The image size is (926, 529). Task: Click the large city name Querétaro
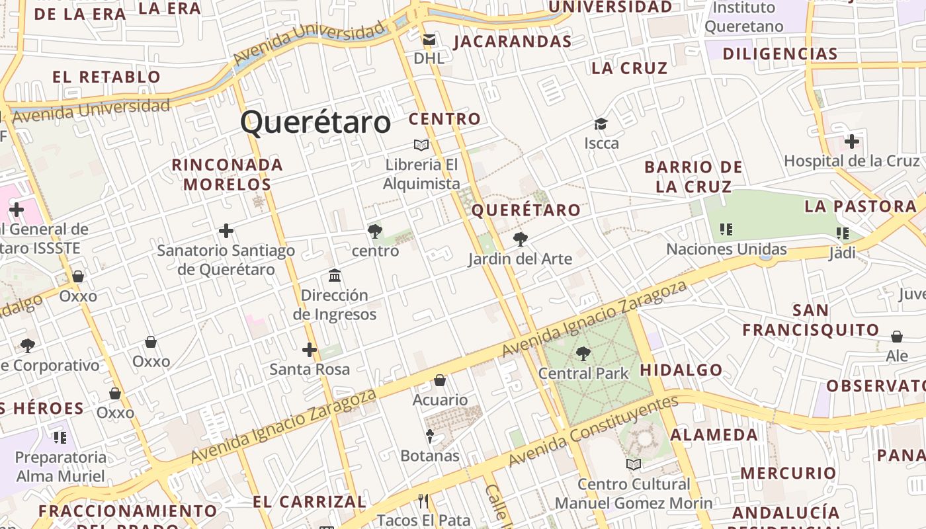click(316, 123)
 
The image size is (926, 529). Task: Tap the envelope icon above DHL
click(429, 40)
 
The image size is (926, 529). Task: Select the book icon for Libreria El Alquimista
click(421, 145)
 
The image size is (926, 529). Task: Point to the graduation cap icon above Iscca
click(601, 124)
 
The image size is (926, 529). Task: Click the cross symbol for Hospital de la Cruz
click(852, 141)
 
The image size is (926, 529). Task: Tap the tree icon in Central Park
click(583, 354)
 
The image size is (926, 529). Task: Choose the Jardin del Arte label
click(520, 259)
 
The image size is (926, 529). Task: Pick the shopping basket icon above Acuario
click(440, 380)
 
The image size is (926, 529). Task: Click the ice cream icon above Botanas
click(429, 436)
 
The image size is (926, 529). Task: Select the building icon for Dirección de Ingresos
click(335, 275)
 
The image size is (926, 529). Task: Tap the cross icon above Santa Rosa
click(309, 350)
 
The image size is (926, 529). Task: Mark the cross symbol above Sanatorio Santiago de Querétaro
click(226, 231)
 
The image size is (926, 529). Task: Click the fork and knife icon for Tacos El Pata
click(423, 501)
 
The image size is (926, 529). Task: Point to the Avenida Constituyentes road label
click(593, 429)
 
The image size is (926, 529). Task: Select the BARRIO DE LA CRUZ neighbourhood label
click(693, 177)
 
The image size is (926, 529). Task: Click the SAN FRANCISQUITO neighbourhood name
click(810, 319)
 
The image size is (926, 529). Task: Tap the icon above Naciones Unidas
click(726, 229)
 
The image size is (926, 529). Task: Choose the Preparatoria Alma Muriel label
click(60, 466)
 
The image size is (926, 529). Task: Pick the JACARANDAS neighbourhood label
click(513, 42)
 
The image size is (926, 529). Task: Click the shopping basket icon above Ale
click(897, 337)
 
